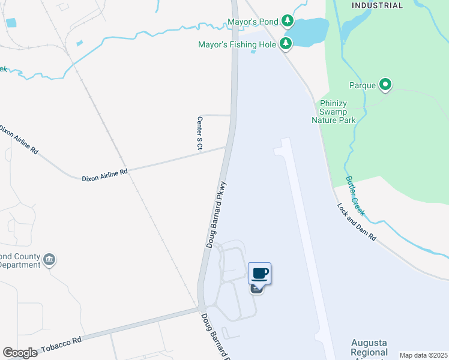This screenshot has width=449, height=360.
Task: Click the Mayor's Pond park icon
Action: [288, 22]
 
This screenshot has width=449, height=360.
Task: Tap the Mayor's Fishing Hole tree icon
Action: [285, 44]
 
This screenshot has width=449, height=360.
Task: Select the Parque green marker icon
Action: [385, 85]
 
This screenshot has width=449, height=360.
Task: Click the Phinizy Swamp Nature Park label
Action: [334, 112]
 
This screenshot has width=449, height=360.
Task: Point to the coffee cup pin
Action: [259, 274]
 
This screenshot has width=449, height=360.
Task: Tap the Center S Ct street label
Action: [200, 133]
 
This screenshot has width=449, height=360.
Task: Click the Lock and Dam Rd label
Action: [357, 222]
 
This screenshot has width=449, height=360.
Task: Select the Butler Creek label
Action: [355, 196]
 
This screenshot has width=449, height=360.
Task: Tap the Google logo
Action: [20, 353]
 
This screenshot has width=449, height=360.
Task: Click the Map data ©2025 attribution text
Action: [423, 355]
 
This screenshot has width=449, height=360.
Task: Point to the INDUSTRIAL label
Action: [377, 5]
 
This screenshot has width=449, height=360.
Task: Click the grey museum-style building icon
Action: [50, 260]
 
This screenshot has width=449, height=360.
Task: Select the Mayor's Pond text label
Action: [253, 22]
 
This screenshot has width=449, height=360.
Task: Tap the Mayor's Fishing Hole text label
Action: [237, 44]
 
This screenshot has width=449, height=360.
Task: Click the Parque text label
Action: [363, 85]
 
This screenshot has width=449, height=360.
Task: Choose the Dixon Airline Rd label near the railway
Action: [105, 172]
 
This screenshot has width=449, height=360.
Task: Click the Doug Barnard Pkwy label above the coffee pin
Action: [216, 215]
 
